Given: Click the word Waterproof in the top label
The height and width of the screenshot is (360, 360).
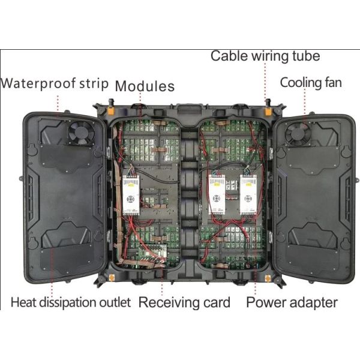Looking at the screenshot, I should [37, 83].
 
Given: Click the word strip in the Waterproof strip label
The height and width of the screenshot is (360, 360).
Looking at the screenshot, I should [94, 83].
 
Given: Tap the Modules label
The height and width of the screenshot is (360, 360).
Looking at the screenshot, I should [145, 86].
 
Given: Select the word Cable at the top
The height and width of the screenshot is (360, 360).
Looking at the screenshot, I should [227, 56].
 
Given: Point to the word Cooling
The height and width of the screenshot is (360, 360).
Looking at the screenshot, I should [299, 82].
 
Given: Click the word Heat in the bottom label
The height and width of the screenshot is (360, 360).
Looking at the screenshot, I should [25, 302].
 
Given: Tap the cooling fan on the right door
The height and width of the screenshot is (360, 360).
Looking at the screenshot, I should [296, 133].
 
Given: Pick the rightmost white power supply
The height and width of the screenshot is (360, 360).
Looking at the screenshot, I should [248, 196].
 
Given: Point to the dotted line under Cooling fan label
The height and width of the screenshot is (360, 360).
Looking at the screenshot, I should [308, 102].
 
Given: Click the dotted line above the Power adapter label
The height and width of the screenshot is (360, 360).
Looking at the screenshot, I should [256, 282].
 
